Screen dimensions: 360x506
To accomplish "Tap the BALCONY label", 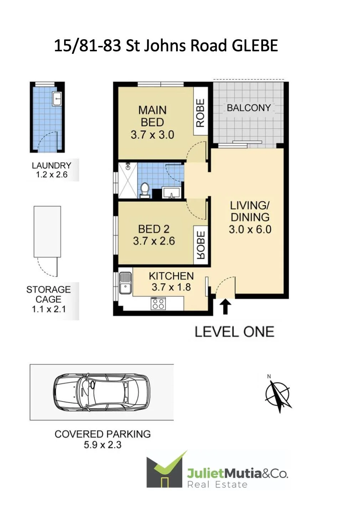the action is pos(249,108).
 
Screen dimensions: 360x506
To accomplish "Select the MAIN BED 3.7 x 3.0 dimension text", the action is pos(153,135).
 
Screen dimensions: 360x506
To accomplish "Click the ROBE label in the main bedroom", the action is pos(200,113).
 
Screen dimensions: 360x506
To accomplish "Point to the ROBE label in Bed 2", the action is pos(200,245).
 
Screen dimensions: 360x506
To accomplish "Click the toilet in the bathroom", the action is pos(145,190).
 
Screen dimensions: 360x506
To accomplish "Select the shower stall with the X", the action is pos(128,181).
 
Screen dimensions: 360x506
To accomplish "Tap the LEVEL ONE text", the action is pos(234,332).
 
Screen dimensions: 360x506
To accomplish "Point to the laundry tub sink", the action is pos(57,99).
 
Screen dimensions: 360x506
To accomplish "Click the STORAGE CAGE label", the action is pos(48,294).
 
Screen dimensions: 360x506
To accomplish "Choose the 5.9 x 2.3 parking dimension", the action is pos(103,445).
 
